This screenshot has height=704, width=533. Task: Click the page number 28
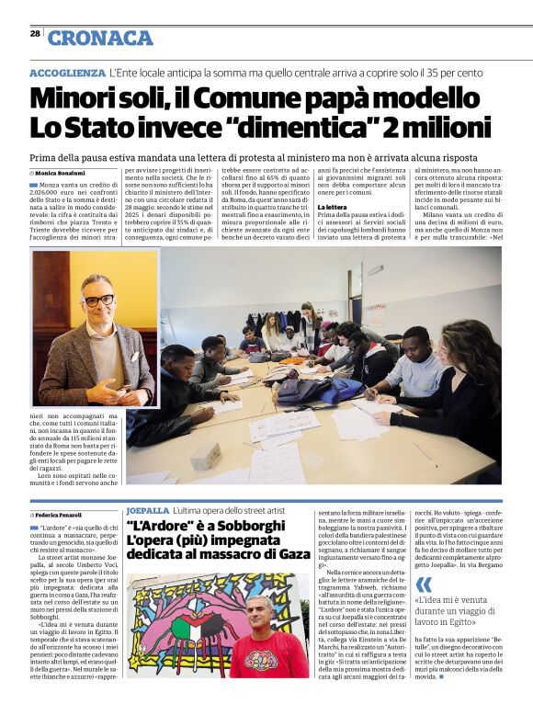35,32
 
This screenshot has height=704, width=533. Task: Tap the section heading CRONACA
100,38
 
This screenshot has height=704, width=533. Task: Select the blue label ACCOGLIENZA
67,72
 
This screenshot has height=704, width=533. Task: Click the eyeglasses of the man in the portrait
96,300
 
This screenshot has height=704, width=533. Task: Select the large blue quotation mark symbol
423,585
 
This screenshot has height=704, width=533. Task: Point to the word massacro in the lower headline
237,554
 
